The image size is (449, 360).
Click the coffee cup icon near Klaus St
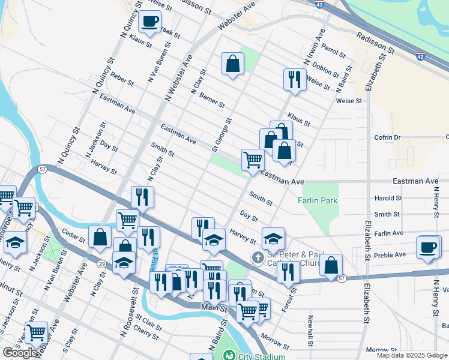tap(149, 22)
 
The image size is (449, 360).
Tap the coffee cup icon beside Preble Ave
tap(428, 247)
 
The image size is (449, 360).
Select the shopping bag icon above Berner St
tap(232, 63)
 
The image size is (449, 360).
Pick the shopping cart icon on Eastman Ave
tap(253, 160)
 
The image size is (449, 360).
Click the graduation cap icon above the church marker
tap(273, 239)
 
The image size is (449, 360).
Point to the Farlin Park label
tap(318, 200)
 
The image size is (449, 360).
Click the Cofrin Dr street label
tap(388, 137)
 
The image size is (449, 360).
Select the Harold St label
tap(387, 198)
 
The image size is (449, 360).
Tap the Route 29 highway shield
tap(103, 263)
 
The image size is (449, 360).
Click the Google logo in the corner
tap(20, 353)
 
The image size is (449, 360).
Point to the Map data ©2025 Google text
tap(411, 355)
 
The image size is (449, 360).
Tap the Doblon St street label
tap(326, 70)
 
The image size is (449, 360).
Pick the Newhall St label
tap(311, 331)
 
